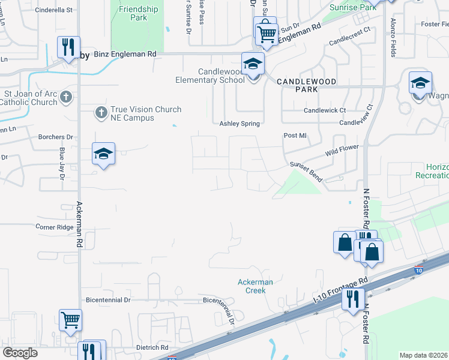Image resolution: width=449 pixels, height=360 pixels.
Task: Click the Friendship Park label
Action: point(139,13)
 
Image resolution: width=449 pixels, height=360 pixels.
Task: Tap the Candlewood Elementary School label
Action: point(210,76)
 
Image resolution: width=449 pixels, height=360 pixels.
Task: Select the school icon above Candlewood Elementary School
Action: point(253,64)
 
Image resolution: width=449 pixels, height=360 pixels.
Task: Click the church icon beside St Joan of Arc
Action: point(66,96)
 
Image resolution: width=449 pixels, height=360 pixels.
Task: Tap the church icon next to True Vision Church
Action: point(101,112)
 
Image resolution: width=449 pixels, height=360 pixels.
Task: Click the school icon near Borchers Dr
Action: point(103,154)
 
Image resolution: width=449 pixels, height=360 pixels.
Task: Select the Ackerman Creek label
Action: point(255,286)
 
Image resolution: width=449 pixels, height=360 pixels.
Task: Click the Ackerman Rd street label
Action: point(79,225)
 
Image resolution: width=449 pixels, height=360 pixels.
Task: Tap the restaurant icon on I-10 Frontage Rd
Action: point(353,298)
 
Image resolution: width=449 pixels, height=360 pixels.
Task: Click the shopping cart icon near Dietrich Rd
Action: point(71,320)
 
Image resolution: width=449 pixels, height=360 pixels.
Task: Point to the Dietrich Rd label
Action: point(144,347)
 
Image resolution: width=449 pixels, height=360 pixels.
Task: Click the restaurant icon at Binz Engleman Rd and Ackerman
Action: point(68,47)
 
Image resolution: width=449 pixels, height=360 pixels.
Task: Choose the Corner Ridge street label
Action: point(55,227)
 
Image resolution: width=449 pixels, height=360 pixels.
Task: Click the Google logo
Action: point(20,353)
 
